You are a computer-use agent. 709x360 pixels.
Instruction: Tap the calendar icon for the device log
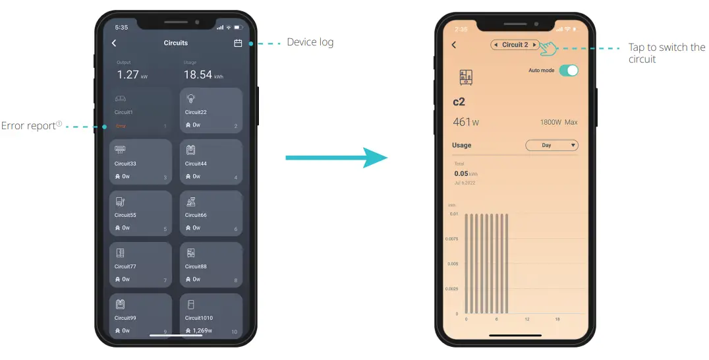(238, 44)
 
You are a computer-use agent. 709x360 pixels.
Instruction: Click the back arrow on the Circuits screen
(114, 43)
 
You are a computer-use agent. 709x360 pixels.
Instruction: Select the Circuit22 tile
(211, 111)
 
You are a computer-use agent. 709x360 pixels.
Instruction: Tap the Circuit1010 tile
(211, 316)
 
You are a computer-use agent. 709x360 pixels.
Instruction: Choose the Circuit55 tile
(140, 214)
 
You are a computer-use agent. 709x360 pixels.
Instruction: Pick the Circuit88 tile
(211, 265)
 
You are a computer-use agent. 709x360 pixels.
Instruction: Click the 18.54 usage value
(198, 75)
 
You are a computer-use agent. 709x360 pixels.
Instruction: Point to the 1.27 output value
(128, 75)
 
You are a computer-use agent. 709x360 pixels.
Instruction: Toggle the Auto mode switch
(568, 71)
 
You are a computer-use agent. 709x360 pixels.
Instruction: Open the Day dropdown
(551, 145)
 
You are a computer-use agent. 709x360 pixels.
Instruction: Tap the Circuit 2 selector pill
(515, 45)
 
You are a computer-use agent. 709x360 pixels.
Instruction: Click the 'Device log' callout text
(310, 43)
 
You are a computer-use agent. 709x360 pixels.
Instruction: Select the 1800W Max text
(559, 123)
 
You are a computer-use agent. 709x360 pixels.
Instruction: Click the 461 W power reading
(466, 122)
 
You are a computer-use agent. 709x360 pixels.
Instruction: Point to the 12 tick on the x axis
(527, 319)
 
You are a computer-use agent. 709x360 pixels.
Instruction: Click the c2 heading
(459, 102)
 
